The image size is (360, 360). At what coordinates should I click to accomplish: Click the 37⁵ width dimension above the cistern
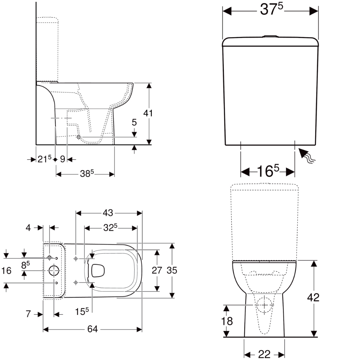point(271,10)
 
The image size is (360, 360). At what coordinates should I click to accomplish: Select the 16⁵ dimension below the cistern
point(268,172)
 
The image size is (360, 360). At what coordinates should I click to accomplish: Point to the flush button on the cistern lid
point(270,36)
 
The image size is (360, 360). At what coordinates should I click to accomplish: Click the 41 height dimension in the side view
point(148,113)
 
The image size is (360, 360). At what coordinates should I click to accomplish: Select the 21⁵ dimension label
point(45,159)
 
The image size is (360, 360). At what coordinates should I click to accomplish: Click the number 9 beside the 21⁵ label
point(62,159)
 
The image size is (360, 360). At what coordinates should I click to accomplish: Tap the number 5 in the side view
point(134,122)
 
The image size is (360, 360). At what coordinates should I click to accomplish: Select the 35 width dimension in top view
point(172,270)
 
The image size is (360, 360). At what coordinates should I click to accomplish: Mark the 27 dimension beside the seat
point(157,270)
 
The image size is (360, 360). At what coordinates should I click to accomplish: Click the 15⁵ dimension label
point(82,312)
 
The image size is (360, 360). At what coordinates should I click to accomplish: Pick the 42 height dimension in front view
point(313,297)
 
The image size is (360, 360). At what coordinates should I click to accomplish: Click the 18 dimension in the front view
point(227,321)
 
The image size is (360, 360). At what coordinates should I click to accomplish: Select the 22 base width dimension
point(264,354)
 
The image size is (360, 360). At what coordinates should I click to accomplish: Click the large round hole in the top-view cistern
point(54,271)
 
